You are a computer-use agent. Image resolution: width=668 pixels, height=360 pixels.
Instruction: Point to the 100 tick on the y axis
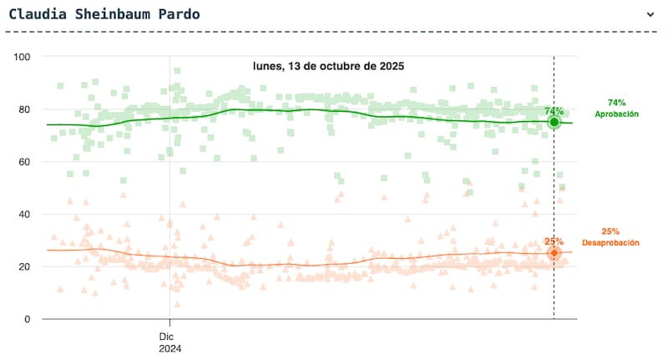(x=23, y=57)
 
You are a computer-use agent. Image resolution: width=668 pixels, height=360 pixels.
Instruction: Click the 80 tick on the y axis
(x=25, y=109)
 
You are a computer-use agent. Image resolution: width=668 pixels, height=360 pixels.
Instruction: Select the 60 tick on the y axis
(x=25, y=162)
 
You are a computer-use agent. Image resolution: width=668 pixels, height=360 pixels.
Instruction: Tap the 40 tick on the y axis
(x=25, y=215)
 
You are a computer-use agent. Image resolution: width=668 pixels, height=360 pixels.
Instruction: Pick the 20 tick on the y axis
(x=25, y=267)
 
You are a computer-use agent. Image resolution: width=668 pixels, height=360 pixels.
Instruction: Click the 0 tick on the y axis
(x=28, y=319)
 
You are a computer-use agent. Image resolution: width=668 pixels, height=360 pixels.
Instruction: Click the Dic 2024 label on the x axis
(x=170, y=342)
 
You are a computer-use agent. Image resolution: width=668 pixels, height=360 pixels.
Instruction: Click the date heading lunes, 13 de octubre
(x=328, y=65)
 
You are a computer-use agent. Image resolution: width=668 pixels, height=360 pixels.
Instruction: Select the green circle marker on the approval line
(x=554, y=122)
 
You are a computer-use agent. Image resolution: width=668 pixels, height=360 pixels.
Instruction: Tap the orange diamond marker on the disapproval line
(x=554, y=252)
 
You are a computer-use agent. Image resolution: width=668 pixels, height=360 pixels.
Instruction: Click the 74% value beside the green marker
(x=554, y=110)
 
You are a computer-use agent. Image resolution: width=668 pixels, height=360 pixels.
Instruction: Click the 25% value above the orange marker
(x=554, y=241)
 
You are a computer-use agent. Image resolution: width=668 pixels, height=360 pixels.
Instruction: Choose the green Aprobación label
(x=616, y=114)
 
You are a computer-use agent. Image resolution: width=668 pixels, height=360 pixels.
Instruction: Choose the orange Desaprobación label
(x=610, y=243)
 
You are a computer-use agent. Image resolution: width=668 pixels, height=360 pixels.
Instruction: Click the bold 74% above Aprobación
(x=616, y=102)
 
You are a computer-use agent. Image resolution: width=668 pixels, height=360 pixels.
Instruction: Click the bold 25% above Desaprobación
(x=610, y=231)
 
